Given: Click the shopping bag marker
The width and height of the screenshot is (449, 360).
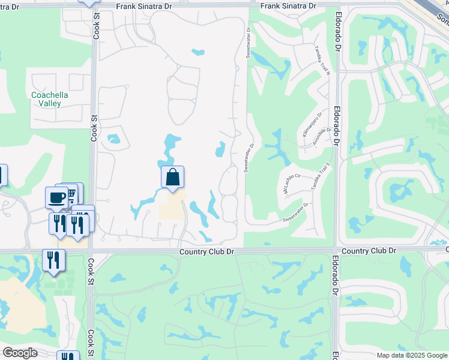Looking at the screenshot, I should (172, 178).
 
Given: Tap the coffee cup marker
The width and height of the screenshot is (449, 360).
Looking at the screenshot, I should (56, 197).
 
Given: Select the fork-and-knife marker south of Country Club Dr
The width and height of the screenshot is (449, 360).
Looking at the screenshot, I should (53, 260).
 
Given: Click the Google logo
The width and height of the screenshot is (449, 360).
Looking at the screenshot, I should (20, 353).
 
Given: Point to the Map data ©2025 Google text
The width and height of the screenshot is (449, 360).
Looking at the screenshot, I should (411, 355).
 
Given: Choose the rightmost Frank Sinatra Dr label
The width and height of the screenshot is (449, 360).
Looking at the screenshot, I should (288, 5).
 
